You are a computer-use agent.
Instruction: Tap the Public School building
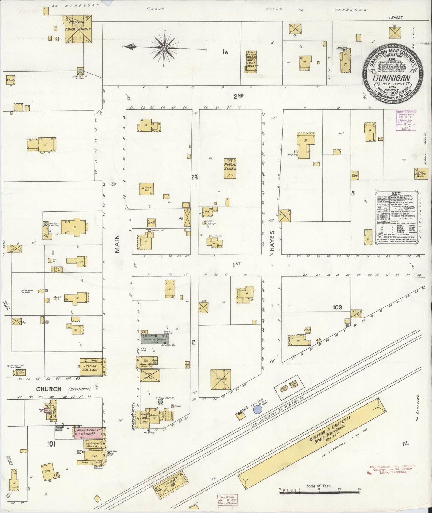pos(230,169)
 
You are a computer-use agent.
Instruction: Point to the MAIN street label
pos(117,244)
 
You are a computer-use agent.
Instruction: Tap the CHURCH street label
pos(49,389)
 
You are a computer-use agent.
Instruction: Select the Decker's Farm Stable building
pos(78,29)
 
